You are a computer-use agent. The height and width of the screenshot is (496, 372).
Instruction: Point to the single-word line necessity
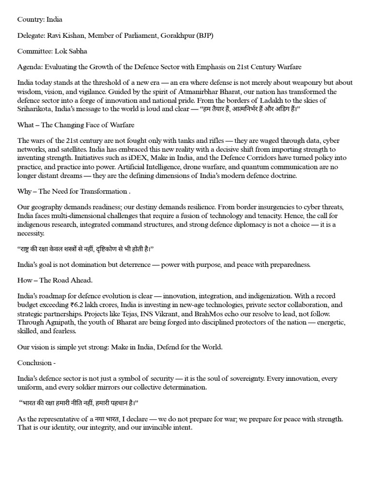click(31, 233)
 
